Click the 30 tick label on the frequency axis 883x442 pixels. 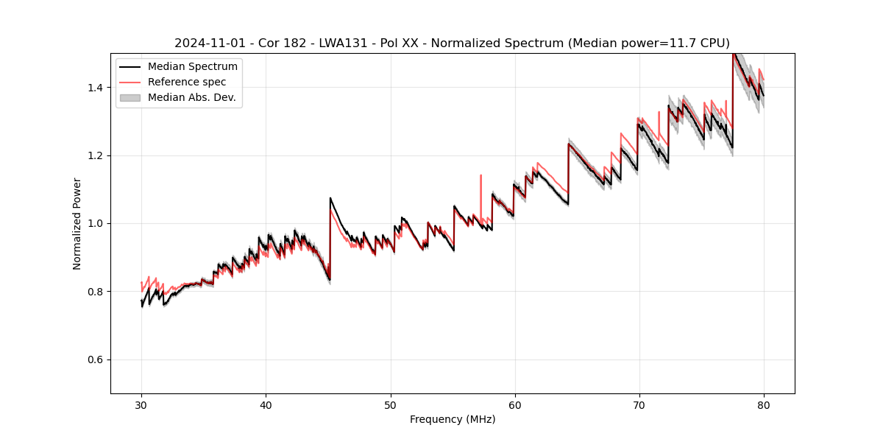coord(141,405)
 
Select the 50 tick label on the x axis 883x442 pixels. coord(390,405)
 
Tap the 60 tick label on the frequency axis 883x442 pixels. coord(514,405)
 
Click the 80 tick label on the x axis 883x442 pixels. coord(763,405)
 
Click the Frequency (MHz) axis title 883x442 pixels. coord(453,420)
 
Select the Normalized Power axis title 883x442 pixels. coord(77,223)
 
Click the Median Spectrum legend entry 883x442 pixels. coord(192,67)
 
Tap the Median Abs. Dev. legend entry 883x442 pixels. coord(191,97)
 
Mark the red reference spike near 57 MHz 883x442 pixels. coord(480,177)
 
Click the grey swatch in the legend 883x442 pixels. coord(131,97)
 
